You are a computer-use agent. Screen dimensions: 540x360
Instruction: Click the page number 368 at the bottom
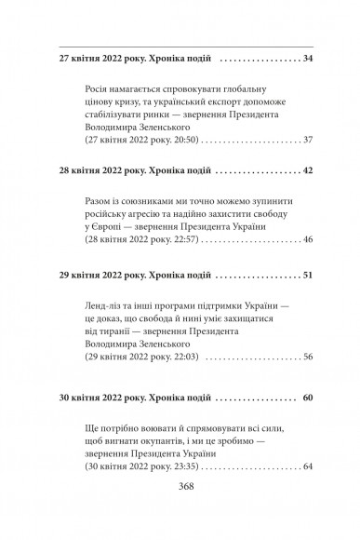pos(180,511)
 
